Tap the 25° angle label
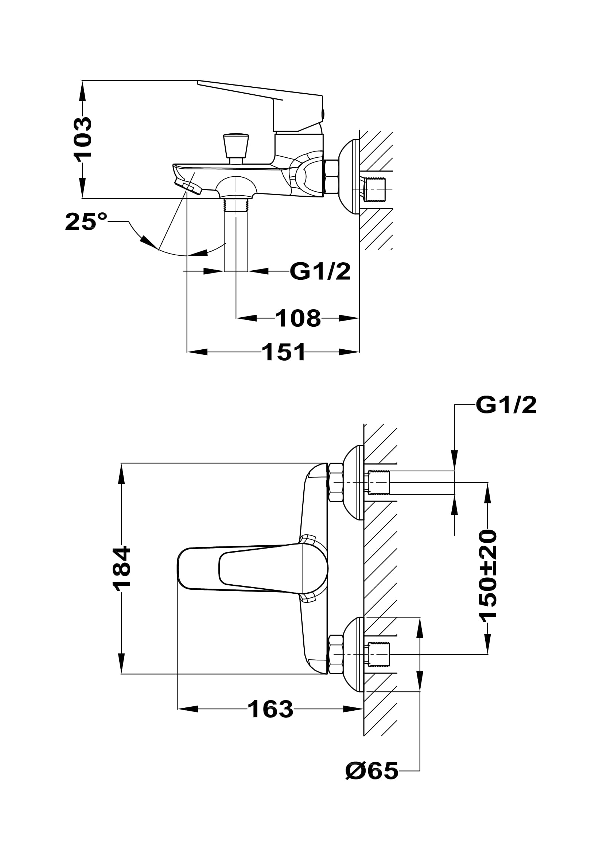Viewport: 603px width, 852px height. coord(86,222)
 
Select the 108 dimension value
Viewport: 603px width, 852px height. coord(298,318)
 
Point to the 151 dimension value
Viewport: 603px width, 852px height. coord(284,352)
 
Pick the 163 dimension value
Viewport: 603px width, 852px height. coord(270,709)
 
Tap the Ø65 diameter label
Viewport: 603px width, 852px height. coord(371,771)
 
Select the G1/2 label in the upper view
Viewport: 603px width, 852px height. coord(320,272)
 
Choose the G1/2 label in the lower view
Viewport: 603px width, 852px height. coord(506,405)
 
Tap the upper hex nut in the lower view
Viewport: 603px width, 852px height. coord(336,482)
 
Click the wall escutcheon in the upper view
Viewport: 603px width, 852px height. coord(349,177)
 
